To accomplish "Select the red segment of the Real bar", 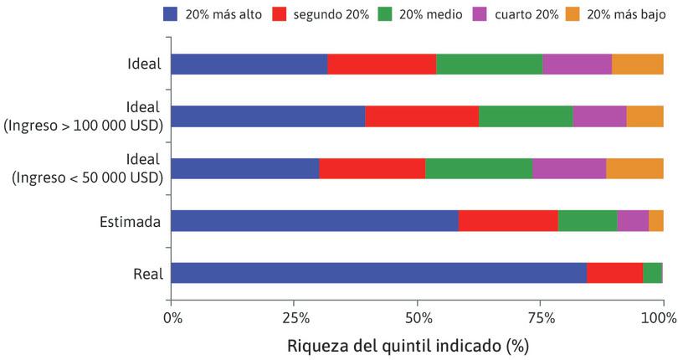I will point(614,273).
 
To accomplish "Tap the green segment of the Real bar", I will point(652,273).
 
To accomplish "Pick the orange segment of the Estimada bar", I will point(656,220).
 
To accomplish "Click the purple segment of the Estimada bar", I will point(633,220).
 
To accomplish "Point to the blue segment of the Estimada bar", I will point(315,220).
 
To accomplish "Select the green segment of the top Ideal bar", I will point(489,64).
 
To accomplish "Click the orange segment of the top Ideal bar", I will point(637,64).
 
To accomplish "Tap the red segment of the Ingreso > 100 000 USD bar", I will point(422,116).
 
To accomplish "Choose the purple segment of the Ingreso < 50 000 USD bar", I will point(569,168).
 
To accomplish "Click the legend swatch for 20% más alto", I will point(170,14).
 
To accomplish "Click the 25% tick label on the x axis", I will point(294,317).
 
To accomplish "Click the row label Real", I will point(146,274).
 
